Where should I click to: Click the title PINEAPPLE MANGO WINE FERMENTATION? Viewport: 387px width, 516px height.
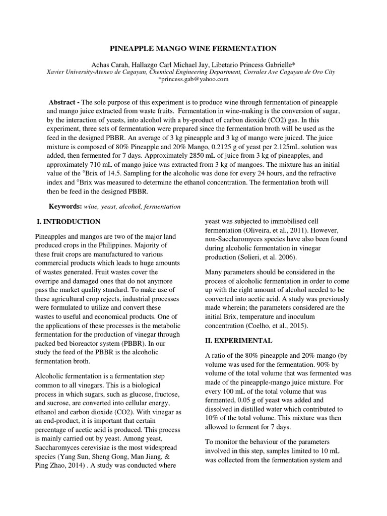(193, 48)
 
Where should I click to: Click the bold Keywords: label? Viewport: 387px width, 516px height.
(65, 207)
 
